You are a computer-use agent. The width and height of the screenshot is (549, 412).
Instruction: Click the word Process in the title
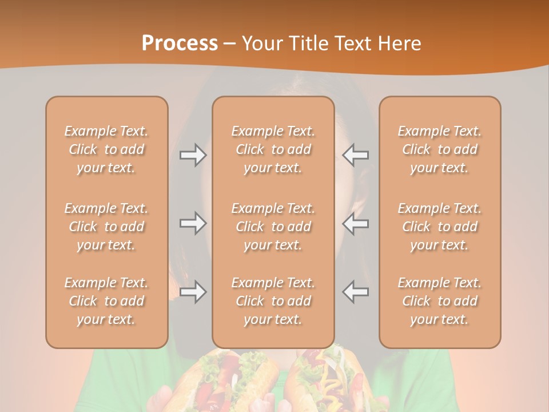coord(180,43)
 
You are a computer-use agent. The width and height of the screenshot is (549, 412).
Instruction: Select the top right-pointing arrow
coord(193,155)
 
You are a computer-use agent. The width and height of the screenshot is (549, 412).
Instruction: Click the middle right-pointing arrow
coord(193,223)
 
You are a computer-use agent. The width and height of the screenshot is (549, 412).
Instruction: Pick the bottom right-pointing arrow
coord(193,291)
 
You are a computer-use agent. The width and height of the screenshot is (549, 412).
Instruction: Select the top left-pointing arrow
coord(355,155)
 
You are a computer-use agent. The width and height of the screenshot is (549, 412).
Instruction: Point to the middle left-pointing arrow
coord(355,223)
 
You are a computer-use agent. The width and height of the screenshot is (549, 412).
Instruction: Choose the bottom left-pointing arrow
coord(355,291)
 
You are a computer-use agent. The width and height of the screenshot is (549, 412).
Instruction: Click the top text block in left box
coord(106,149)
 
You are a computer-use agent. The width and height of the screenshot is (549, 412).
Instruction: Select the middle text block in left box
coord(106,227)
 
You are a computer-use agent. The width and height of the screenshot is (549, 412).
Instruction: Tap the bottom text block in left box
coord(106,301)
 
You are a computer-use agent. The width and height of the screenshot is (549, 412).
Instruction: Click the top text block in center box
coord(273,149)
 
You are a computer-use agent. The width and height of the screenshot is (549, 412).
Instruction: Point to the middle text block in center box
coord(273,227)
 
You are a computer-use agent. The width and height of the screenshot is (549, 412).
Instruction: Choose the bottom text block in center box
coord(273,301)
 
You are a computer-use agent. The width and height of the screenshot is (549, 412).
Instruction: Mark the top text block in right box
coord(440,149)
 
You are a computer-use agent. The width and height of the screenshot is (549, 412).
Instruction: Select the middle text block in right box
coord(440,227)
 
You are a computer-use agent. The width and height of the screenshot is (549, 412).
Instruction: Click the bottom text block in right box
coord(440,301)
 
